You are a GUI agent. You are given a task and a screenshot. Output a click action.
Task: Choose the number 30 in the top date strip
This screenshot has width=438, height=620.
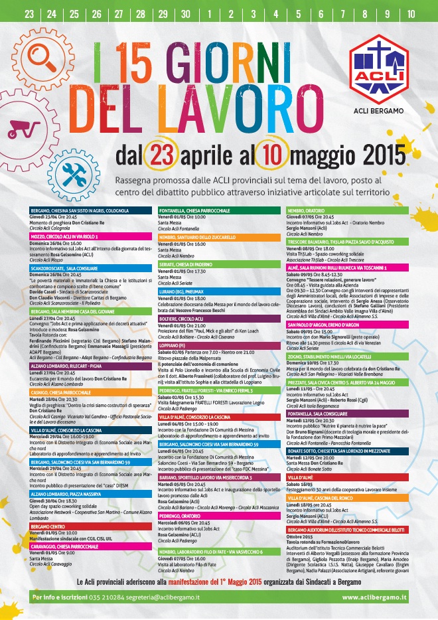pos(185,13)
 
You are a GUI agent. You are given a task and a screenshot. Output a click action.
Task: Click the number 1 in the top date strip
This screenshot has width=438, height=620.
pos(210,13)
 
